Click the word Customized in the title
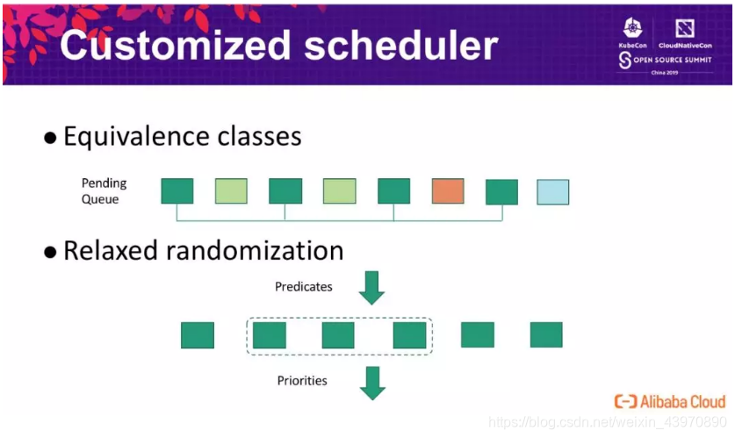[176, 45]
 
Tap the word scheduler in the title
[400, 45]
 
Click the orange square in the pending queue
[448, 191]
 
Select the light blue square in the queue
[552, 192]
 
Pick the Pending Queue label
[104, 191]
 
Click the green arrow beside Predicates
[371, 288]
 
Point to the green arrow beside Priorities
[372, 384]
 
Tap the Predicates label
[304, 287]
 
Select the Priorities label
[302, 380]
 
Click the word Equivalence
[136, 137]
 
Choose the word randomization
[255, 251]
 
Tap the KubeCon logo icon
[632, 29]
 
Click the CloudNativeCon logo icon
[685, 29]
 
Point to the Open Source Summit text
[673, 60]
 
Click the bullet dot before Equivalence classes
[50, 138]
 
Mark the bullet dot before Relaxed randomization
[50, 252]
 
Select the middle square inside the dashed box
[338, 335]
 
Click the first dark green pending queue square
[177, 191]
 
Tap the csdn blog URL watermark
[608, 422]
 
